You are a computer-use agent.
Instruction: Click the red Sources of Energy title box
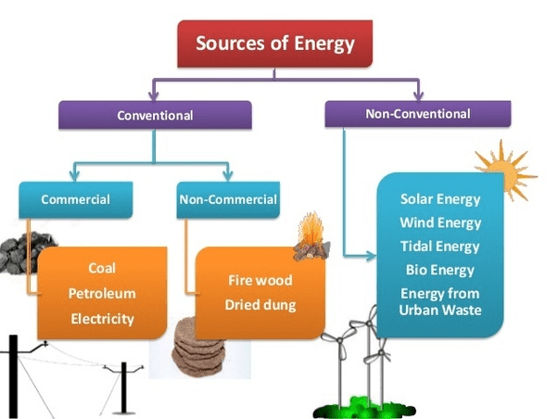click(274, 44)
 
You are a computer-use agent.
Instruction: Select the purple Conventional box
click(155, 115)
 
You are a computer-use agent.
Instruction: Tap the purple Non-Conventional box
click(418, 114)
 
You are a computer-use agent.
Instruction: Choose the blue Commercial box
click(76, 199)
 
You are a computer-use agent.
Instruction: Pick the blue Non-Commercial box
click(228, 199)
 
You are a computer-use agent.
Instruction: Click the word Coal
click(102, 268)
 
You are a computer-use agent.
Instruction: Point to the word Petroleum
click(102, 294)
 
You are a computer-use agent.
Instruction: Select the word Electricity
click(103, 319)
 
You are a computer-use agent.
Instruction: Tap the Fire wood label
click(260, 280)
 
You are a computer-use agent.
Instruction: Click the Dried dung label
click(260, 305)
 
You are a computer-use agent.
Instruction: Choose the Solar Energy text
click(440, 199)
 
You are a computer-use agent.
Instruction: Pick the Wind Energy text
click(440, 223)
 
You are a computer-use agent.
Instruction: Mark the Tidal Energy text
click(440, 247)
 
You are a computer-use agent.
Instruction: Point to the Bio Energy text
click(440, 270)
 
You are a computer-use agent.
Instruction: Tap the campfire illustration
click(311, 236)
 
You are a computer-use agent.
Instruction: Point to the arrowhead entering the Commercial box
click(74, 176)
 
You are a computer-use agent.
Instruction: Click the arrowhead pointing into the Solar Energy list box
click(371, 255)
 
